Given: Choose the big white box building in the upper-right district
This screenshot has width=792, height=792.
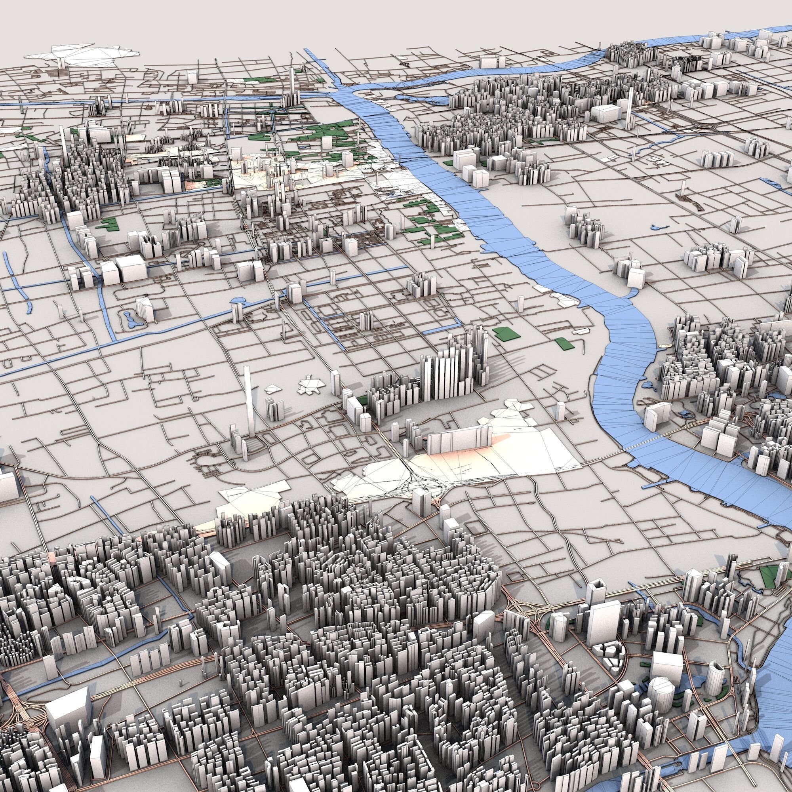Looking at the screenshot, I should [607, 113].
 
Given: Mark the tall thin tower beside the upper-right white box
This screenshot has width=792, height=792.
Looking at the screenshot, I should [629, 109].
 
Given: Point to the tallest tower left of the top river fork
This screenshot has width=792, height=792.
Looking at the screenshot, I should [291, 86].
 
